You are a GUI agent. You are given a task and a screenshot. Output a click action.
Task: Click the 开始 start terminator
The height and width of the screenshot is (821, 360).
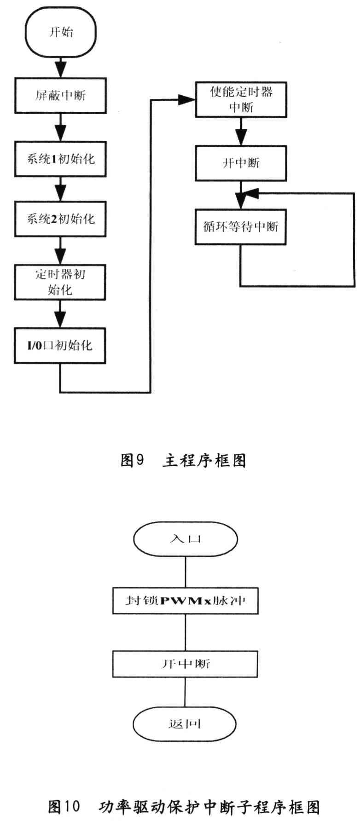(61, 32)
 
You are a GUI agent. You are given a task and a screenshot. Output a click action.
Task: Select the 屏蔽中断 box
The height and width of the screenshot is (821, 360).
(60, 95)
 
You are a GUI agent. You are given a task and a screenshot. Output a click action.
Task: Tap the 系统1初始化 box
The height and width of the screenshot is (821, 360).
(60, 159)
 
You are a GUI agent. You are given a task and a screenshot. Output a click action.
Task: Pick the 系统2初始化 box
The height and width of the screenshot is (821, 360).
(60, 219)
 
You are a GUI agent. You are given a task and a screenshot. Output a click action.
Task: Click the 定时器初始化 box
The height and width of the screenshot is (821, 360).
(60, 282)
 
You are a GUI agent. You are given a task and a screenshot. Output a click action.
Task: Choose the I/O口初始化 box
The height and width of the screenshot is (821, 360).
(60, 346)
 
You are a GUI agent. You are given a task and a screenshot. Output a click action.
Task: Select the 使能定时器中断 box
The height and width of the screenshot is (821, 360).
(241, 99)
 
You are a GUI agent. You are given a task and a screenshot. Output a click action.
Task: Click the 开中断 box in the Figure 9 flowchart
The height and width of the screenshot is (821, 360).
(241, 163)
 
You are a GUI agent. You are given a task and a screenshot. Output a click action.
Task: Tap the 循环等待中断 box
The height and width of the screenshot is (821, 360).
(241, 226)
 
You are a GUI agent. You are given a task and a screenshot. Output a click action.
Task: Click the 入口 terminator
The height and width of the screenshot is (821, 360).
(185, 539)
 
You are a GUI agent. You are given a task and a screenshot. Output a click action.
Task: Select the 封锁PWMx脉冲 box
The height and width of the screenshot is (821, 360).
(185, 601)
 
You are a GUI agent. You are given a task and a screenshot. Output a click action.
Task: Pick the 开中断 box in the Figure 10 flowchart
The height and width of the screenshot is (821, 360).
(185, 664)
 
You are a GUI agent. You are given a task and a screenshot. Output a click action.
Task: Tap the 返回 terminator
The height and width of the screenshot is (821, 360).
(185, 724)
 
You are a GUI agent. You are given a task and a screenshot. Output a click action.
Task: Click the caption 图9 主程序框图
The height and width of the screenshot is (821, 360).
(183, 460)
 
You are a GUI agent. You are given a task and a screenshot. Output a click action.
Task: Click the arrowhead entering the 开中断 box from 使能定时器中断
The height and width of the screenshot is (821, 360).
(241, 139)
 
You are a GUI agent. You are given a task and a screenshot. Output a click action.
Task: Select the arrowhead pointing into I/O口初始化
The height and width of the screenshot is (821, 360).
(60, 320)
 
